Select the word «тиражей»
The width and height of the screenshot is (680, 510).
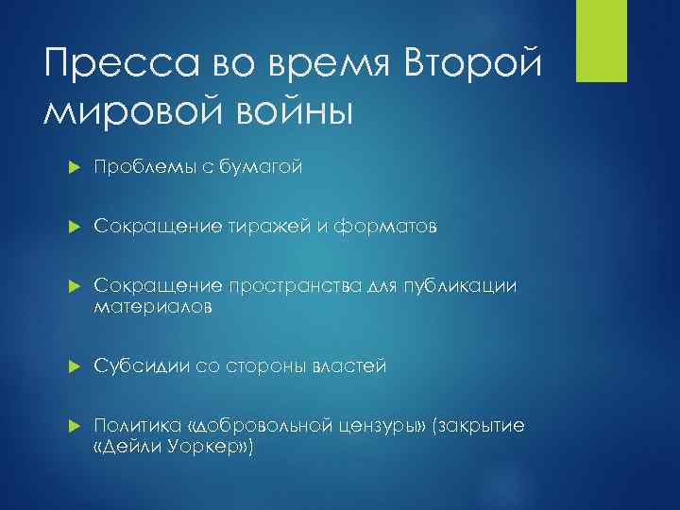coord(264,227)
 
